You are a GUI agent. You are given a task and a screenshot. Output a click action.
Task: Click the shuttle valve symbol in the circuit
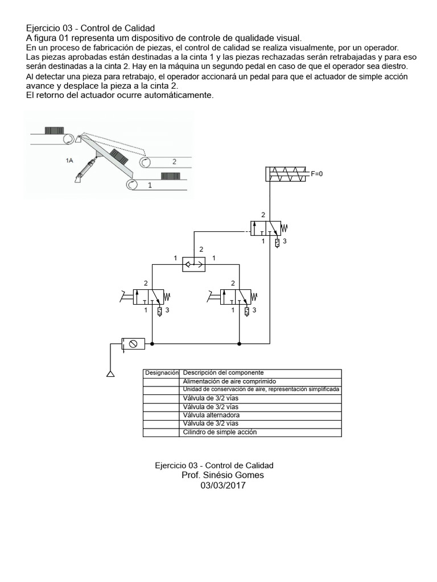pos(194,264)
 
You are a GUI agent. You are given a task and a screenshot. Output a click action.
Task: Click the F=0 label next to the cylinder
pos(317,174)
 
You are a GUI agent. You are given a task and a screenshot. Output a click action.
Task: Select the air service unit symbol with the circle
pos(133,343)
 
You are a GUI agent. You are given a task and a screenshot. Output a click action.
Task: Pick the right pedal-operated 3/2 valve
pos(235,297)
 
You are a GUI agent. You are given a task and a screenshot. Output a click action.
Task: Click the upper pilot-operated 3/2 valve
pos(266,228)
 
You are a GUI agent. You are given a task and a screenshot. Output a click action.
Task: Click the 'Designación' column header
pos(161,373)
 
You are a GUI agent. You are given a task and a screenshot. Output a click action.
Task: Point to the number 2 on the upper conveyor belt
pos(174,161)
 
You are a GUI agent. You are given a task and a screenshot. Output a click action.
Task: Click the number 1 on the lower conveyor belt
pos(150,185)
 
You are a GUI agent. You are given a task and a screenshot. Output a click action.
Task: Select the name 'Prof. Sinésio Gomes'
pos(222,475)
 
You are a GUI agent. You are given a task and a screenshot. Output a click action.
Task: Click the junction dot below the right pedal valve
pos(240,343)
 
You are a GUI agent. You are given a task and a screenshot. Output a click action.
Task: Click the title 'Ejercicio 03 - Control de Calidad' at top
pos(90,28)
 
